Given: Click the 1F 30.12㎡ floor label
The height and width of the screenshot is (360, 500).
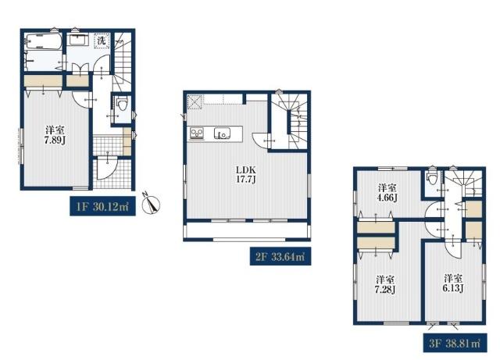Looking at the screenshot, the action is (102, 207).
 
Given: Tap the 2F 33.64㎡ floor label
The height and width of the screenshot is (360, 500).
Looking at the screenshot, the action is (280, 256).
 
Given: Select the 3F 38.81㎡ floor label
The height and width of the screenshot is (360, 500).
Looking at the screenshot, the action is (455, 343).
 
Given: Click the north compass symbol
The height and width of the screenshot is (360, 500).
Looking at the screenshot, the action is (150, 203).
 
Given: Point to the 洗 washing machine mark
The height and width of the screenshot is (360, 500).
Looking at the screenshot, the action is (102, 41).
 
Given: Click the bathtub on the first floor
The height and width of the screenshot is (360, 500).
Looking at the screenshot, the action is (44, 41).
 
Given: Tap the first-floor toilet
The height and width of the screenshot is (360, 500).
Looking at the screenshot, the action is (122, 104).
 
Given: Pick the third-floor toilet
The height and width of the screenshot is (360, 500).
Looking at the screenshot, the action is (432, 178).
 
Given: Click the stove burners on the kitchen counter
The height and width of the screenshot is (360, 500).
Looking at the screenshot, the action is (197, 134).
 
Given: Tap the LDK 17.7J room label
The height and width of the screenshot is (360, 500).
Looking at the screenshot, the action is (246, 174).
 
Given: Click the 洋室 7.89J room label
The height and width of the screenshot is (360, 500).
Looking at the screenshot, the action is (55, 135).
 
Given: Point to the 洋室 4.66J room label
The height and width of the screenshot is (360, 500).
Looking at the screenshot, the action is (387, 192).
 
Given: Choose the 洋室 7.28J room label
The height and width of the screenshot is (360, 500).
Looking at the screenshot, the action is (385, 284).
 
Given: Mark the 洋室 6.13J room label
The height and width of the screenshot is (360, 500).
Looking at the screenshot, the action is (453, 283).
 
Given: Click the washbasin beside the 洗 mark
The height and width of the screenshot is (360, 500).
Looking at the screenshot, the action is (79, 41).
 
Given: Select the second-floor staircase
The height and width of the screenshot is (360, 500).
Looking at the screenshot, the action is (289, 121).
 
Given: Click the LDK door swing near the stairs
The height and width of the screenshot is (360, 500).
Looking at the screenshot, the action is (261, 140).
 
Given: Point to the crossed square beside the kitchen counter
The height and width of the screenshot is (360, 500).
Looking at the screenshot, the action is (195, 102).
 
